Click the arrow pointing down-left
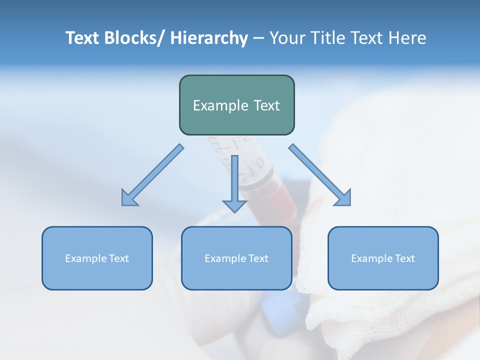coord(152,175)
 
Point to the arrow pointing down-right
coord(320,175)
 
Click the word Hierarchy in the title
coord(209,38)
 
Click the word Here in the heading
coord(407,38)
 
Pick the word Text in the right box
coord(405,258)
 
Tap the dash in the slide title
coord(258,38)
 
